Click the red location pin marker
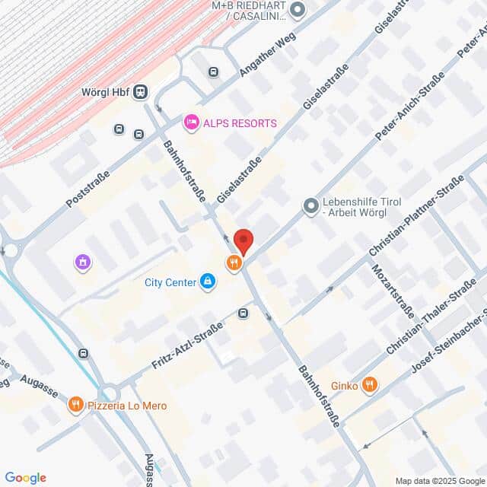(243, 241)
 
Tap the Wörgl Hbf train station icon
(140, 92)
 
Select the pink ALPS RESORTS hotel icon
(191, 122)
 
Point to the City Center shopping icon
(207, 282)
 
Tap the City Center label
(170, 282)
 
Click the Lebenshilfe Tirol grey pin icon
(310, 205)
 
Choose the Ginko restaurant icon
(369, 385)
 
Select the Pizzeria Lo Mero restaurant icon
(75, 405)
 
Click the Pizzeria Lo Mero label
(127, 406)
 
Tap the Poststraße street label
(88, 189)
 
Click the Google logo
(25, 477)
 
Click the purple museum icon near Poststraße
(83, 263)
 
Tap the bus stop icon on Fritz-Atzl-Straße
(243, 313)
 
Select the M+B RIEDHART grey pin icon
(298, 10)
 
